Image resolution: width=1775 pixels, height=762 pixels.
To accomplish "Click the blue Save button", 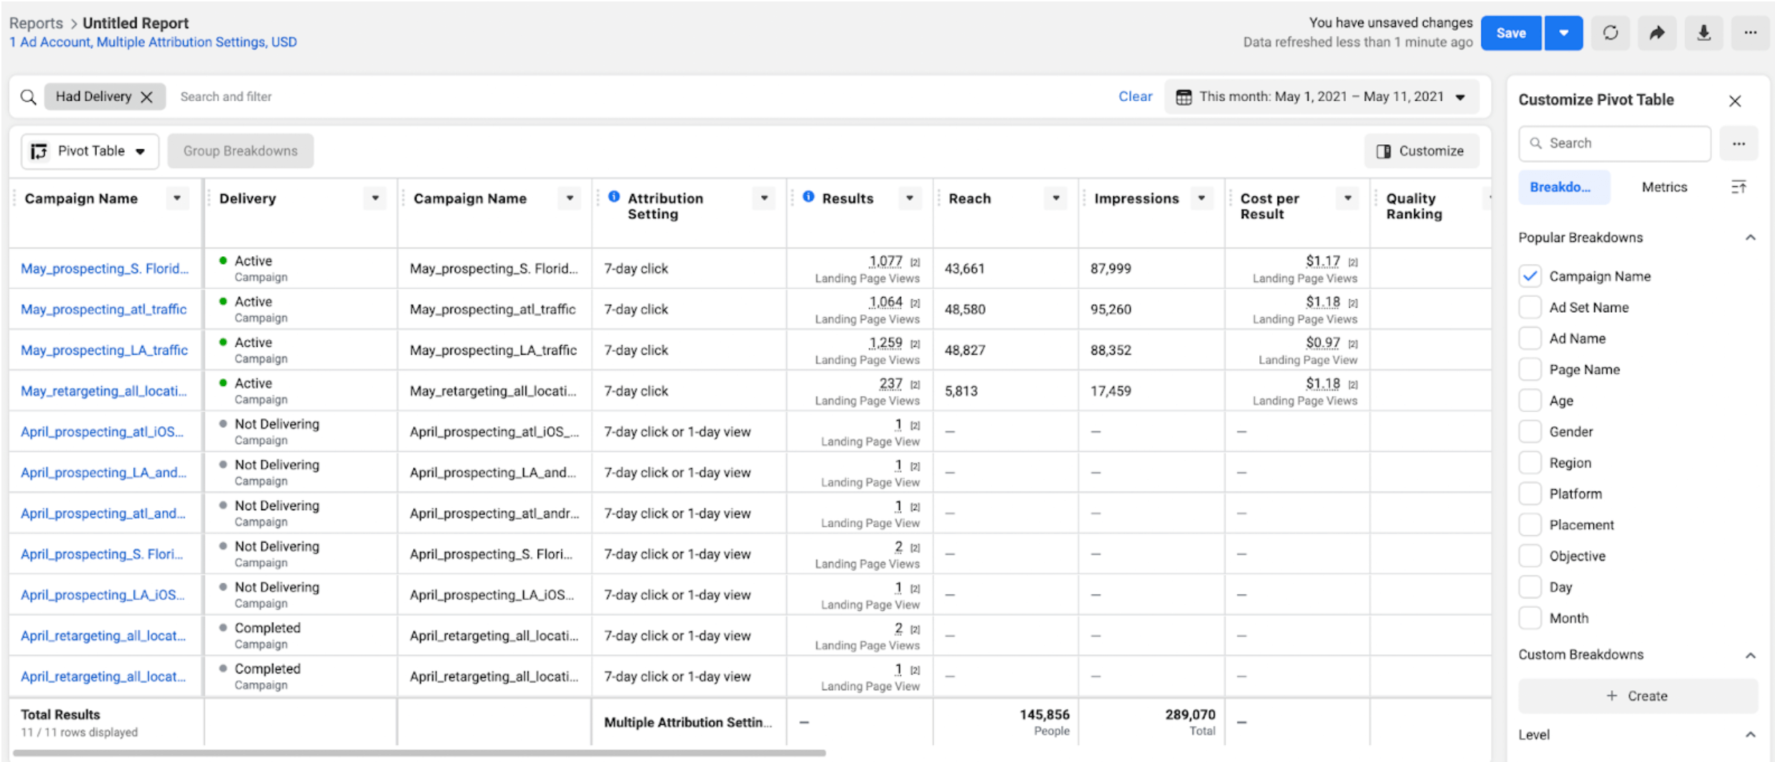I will [1510, 33].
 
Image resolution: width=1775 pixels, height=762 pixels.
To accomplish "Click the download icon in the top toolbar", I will [1703, 33].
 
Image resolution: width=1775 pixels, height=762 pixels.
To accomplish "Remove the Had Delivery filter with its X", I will [147, 97].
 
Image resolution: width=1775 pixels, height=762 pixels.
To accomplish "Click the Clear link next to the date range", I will [1134, 96].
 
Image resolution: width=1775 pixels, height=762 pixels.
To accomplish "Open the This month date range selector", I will [1322, 97].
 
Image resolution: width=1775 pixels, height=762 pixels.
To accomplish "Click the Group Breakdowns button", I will [240, 151].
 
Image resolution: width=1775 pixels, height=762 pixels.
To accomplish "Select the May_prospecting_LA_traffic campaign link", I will [104, 350].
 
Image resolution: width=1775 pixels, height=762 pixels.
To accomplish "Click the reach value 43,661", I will [964, 268].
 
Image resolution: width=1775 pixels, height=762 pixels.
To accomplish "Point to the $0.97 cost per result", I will [1322, 343].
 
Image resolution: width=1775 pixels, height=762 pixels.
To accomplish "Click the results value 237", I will [890, 384].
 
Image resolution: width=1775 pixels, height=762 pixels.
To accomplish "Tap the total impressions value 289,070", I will [1190, 715].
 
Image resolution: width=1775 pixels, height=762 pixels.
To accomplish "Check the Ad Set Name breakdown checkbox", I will [1530, 307].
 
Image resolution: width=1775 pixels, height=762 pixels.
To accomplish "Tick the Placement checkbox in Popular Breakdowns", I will [1530, 525].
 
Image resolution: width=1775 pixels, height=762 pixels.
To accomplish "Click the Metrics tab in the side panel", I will [1664, 187].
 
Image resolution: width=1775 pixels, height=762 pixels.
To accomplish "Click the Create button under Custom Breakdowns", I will [1637, 696].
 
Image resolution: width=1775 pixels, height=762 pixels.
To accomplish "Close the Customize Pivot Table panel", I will [1734, 101].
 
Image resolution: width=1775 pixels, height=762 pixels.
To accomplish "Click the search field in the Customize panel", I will [1614, 144].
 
